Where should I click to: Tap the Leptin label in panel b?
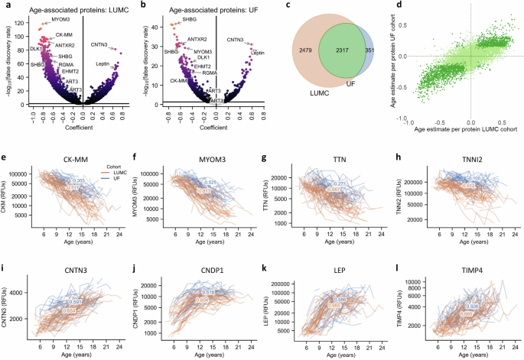point(259,53)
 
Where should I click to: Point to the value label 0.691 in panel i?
point(76,303)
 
